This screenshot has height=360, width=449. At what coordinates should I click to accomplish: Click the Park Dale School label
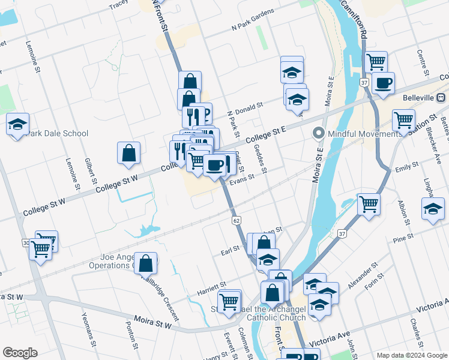58,133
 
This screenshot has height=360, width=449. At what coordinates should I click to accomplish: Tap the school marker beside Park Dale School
18,125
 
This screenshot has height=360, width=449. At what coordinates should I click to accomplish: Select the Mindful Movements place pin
318,133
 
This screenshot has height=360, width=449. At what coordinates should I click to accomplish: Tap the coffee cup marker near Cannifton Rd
383,83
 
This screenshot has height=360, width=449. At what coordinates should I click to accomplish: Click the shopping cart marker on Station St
404,119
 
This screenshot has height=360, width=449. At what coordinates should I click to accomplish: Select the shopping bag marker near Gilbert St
129,153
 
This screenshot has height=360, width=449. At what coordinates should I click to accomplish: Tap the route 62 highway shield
237,221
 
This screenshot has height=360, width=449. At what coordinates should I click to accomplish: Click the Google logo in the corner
20,353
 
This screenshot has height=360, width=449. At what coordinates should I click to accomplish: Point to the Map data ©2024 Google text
411,355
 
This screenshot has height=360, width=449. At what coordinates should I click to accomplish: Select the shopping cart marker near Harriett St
229,301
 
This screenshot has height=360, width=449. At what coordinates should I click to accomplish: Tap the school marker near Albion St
433,210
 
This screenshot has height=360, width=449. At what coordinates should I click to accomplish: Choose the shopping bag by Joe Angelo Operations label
146,263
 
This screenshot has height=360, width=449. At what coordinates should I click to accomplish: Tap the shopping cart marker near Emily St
369,204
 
